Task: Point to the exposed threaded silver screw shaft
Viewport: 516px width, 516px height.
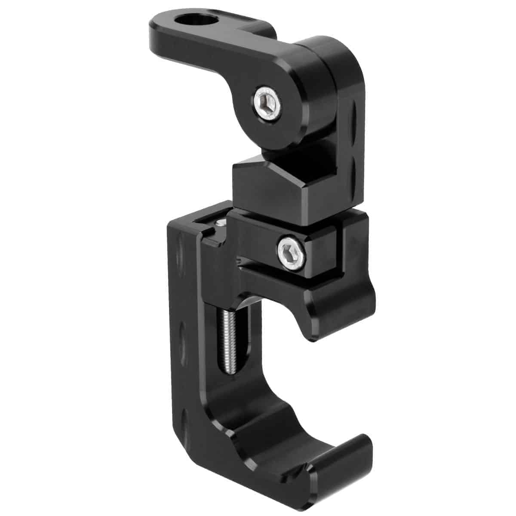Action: (227, 340)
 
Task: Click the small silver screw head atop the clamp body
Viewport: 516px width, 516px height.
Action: (221, 223)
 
